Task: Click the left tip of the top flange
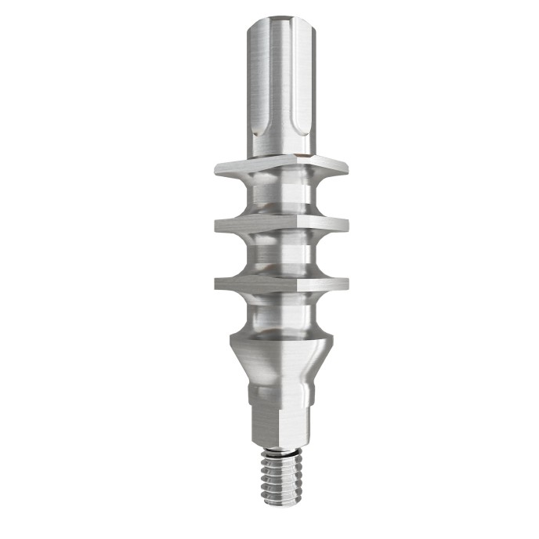pyautogui.click(x=215, y=166)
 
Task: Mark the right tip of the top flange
pyautogui.click(x=347, y=166)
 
